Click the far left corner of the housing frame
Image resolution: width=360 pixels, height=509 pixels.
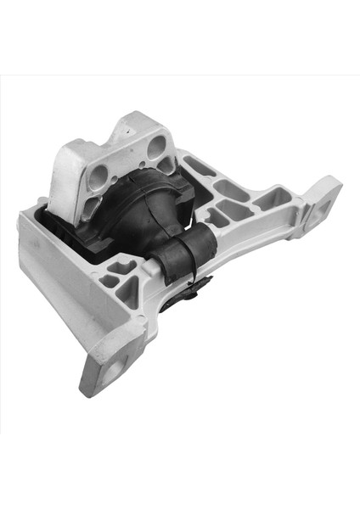coord(21,222)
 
